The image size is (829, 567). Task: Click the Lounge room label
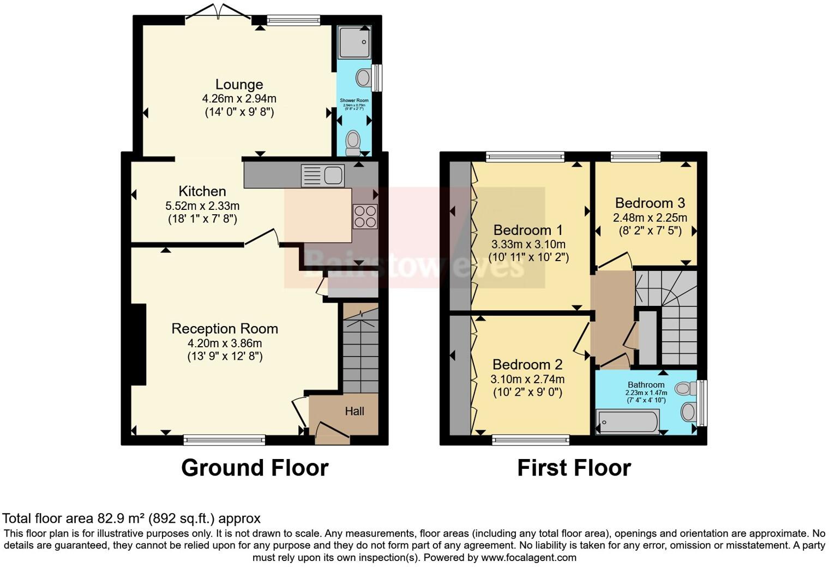239,85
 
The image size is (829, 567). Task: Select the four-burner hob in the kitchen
365,215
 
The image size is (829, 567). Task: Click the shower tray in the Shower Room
354,43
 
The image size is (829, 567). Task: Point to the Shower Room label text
354,100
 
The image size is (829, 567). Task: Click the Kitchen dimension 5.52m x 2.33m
202,206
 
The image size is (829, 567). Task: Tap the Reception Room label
225,329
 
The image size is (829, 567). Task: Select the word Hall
355,412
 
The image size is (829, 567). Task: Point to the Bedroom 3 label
650,203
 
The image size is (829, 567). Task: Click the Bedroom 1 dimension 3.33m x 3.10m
528,244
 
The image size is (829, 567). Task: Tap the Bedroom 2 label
527,364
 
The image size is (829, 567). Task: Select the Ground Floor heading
254,468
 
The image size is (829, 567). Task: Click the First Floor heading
574,468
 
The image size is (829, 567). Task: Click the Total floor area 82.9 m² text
131,518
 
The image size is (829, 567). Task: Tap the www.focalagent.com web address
528,557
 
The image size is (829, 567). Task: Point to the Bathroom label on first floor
646,384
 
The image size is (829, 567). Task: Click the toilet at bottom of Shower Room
353,141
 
